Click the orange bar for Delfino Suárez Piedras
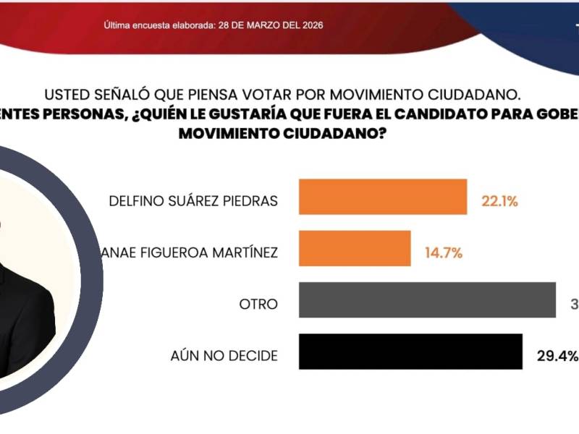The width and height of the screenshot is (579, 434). [x=383, y=197]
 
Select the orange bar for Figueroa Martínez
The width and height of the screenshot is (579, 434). [x=355, y=249]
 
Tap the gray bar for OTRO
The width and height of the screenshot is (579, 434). [x=427, y=300]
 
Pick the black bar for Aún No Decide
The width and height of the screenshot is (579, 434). [x=410, y=352]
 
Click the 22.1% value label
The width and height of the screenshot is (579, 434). [x=499, y=202]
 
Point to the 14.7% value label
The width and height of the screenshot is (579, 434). [x=444, y=253]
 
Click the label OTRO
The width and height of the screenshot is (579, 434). [x=258, y=305]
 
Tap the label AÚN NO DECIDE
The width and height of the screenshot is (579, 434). [x=223, y=356]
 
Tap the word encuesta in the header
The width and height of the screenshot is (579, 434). [x=147, y=25]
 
